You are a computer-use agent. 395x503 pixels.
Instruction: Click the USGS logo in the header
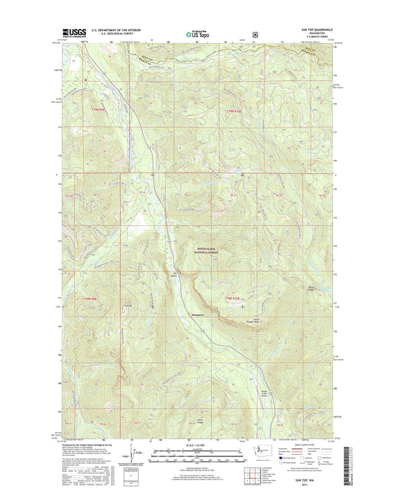point(65,33)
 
